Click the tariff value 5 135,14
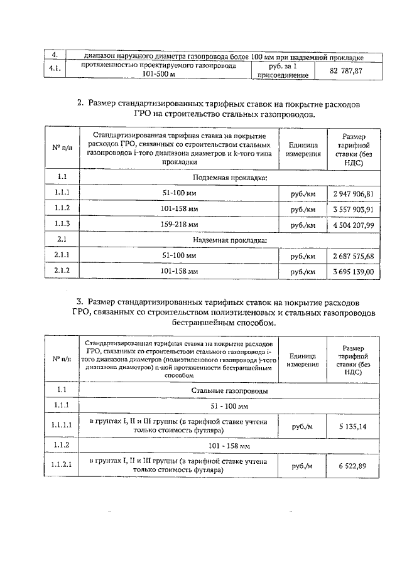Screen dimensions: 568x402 coord(351,426)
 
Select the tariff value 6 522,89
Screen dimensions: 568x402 coord(351,466)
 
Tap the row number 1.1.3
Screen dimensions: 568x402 coord(62,225)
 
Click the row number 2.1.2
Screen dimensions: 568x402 coord(62,272)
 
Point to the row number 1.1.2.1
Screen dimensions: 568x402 coord(62,466)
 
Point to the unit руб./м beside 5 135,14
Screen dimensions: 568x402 coord(301,426)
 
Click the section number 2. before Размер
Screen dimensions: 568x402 coord(80,103)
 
